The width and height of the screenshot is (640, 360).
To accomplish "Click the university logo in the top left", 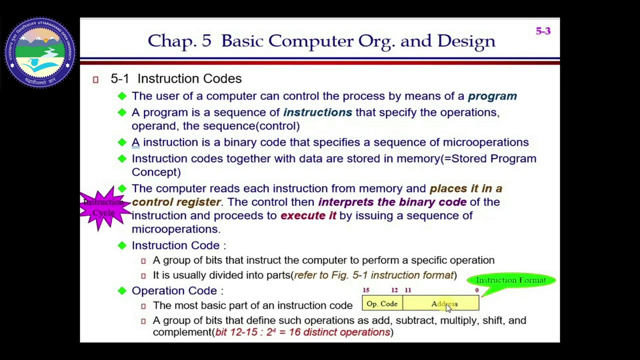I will pyautogui.click(x=40, y=53).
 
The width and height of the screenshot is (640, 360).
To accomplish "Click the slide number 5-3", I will pyautogui.click(x=543, y=31).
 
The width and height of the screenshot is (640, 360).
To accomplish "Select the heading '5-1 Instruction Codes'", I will pyautogui.click(x=176, y=78).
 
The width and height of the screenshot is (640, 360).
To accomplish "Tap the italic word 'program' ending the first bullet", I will pyautogui.click(x=492, y=96).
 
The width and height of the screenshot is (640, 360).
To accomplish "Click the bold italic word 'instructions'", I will pyautogui.click(x=317, y=112).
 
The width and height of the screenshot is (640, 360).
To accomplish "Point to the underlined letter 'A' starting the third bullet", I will pyautogui.click(x=135, y=142).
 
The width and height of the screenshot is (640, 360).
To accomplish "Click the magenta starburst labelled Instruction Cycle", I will pyautogui.click(x=104, y=207).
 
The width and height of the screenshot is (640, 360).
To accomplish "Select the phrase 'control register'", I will pyautogui.click(x=176, y=202).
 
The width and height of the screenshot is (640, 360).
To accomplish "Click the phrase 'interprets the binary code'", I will pyautogui.click(x=392, y=202).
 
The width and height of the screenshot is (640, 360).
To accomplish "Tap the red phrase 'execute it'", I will pyautogui.click(x=308, y=215).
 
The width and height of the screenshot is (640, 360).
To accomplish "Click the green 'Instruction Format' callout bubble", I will pyautogui.click(x=510, y=280).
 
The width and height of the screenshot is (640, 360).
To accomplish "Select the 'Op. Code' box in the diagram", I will pyautogui.click(x=382, y=304).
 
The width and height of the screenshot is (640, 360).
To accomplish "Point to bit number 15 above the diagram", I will pyautogui.click(x=366, y=290).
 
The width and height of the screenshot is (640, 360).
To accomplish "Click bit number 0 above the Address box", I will pyautogui.click(x=476, y=290).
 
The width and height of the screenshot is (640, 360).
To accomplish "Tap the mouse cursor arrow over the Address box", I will pyautogui.click(x=448, y=308).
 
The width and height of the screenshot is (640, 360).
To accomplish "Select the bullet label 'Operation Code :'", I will pyautogui.click(x=177, y=291).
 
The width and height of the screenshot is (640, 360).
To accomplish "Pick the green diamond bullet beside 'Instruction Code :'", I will pyautogui.click(x=122, y=245).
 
